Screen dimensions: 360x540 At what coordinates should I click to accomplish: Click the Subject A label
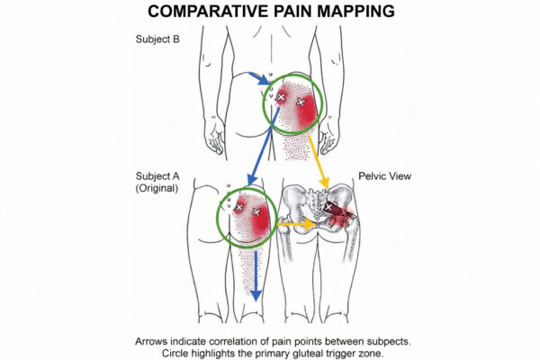(157, 176)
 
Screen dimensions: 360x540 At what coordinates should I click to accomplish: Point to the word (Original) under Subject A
(157, 189)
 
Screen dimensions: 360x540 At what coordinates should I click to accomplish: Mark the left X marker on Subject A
(238, 208)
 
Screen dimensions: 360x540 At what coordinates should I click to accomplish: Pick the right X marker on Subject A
(257, 212)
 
